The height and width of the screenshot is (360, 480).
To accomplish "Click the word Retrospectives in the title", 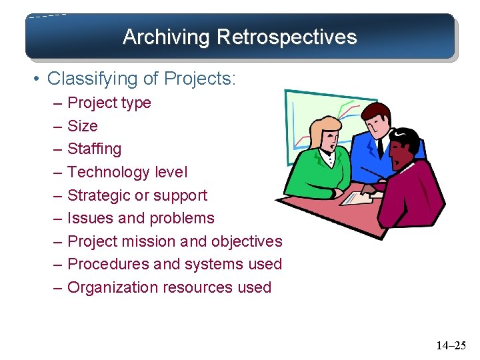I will (x=287, y=37).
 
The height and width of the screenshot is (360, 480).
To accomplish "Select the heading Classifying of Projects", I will (x=141, y=79).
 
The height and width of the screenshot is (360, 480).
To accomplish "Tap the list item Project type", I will (x=109, y=103).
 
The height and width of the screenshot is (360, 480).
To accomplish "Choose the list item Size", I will (x=83, y=126).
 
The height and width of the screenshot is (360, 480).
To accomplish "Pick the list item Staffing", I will (x=95, y=149).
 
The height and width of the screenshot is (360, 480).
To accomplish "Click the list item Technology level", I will (x=127, y=172).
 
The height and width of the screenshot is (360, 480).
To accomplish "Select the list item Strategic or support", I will (x=137, y=195).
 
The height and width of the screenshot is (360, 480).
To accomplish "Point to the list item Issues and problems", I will (x=141, y=218).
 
